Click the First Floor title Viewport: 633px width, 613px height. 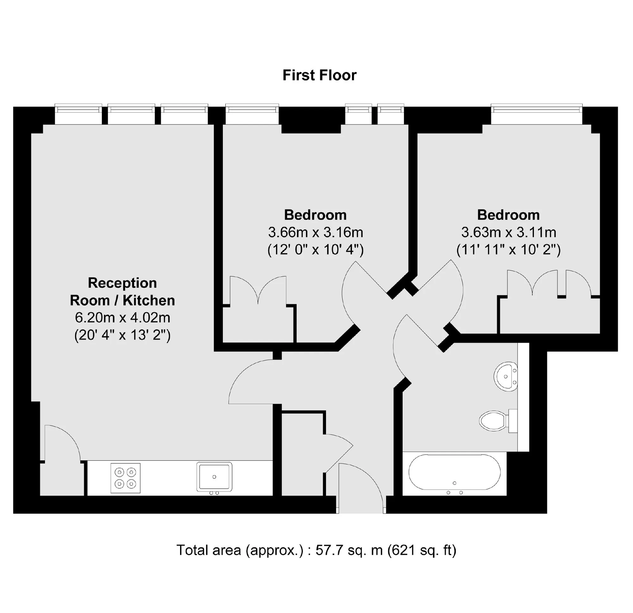[319, 75]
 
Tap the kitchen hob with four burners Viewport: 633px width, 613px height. [126, 478]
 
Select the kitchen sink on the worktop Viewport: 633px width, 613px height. [215, 477]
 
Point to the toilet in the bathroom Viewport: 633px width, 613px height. [498, 420]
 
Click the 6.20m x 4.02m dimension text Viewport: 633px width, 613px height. [122, 318]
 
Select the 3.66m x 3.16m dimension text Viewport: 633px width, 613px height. [316, 232]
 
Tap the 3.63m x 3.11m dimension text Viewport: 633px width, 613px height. [509, 232]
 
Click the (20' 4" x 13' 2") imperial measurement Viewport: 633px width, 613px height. [122, 335]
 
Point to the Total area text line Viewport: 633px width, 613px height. [316, 550]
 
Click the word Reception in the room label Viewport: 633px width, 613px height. [122, 283]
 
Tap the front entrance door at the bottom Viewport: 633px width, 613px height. [361, 488]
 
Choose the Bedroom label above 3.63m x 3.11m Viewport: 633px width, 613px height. [508, 215]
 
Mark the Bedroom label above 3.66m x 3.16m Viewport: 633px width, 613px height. [315, 215]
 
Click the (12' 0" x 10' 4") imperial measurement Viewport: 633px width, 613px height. [316, 250]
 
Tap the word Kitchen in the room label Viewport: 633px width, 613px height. [149, 300]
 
